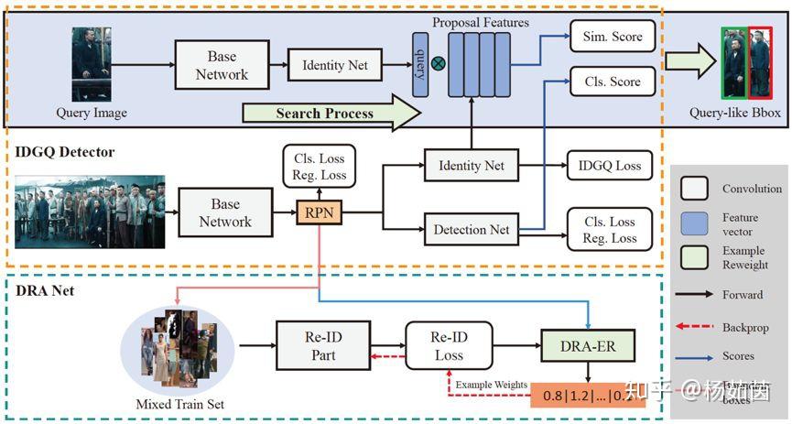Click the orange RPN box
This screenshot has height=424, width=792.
point(319,212)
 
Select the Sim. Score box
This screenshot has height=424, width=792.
point(613,38)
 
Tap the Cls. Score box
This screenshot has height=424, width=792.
point(613,82)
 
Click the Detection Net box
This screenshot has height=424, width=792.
point(472,229)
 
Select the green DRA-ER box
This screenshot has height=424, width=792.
point(587,345)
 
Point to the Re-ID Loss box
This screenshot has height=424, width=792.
point(449,345)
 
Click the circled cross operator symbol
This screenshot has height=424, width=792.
point(439,63)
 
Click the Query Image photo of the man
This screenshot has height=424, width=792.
point(92,64)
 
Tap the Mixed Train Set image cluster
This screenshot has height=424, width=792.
point(178,350)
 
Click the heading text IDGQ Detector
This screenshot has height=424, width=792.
point(64,151)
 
